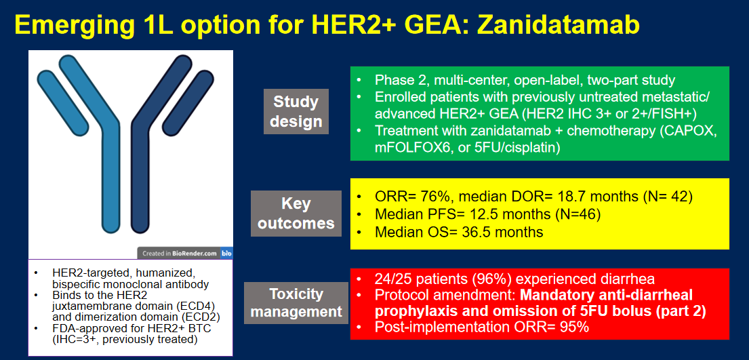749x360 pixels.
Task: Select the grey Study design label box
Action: (x=296, y=111)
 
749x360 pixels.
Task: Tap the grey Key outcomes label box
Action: (x=296, y=214)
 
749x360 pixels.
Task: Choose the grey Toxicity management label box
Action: (x=296, y=302)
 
